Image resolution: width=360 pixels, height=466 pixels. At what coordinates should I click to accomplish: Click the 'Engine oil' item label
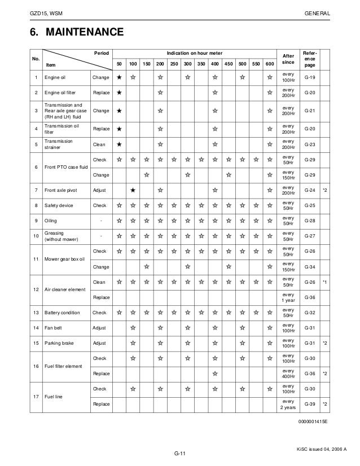pyautogui.click(x=55, y=77)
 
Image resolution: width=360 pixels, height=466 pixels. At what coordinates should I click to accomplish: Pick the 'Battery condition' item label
pyautogui.click(x=63, y=312)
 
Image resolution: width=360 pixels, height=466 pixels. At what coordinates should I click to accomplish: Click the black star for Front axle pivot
pyautogui.click(x=132, y=191)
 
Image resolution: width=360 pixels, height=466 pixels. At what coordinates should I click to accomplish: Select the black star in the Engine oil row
pyautogui.click(x=118, y=77)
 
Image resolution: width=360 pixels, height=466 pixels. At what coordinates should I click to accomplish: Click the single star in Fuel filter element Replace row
pyautogui.click(x=214, y=373)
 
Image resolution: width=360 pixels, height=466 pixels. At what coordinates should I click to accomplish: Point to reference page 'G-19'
pyautogui.click(x=310, y=77)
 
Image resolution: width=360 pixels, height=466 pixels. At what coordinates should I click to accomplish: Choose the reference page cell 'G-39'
pyautogui.click(x=310, y=403)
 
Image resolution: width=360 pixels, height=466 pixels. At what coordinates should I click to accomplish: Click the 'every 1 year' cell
pyautogui.click(x=288, y=297)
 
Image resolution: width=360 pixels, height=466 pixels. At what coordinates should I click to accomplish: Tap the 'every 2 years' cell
pyautogui.click(x=288, y=403)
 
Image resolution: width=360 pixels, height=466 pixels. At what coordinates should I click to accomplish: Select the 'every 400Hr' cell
pyautogui.click(x=288, y=373)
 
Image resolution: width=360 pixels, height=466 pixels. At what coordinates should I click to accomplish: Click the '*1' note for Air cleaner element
pyautogui.click(x=325, y=282)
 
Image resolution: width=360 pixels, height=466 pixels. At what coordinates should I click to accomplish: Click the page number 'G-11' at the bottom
pyautogui.click(x=180, y=454)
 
